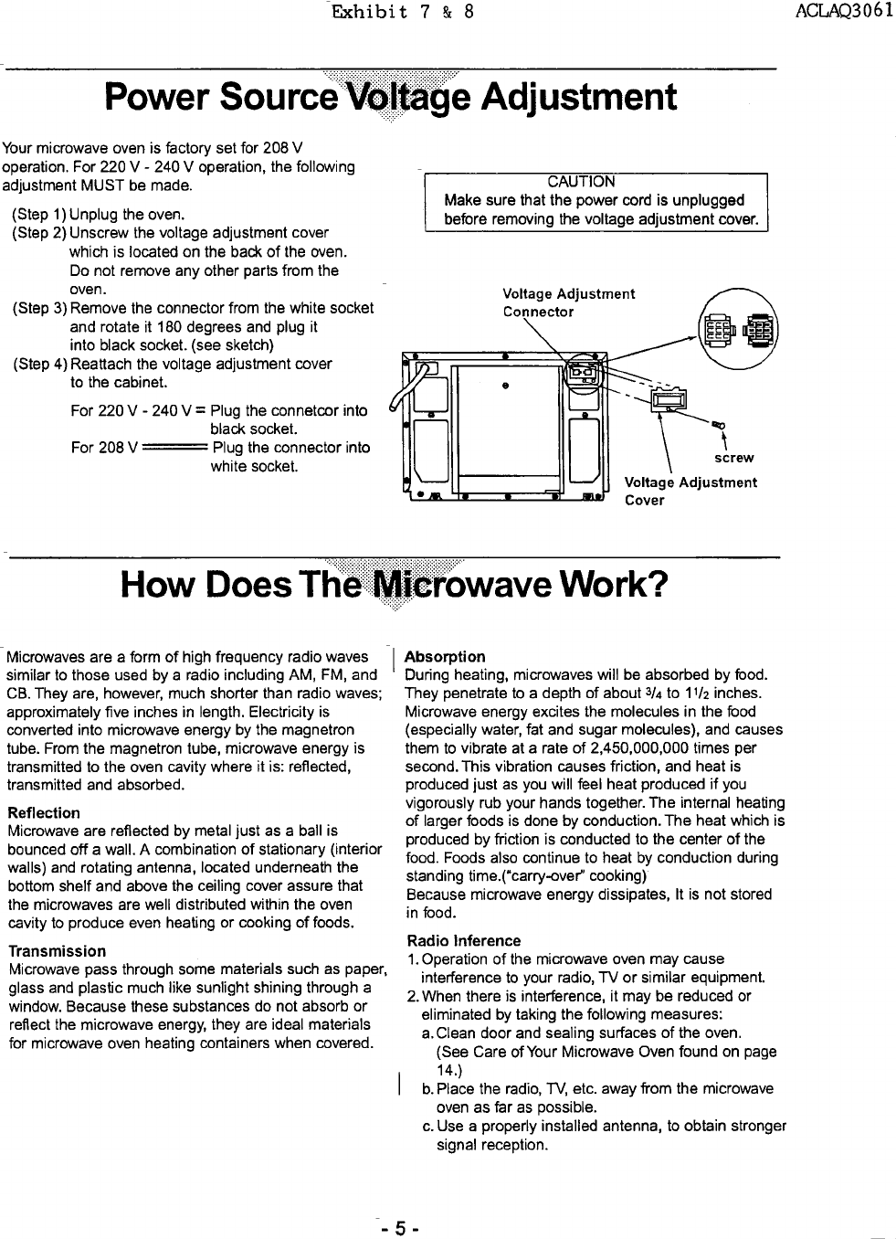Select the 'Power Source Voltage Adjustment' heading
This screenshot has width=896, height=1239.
point(391,98)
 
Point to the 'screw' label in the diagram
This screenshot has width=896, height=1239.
point(733,458)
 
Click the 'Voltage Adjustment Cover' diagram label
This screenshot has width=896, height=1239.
point(690,492)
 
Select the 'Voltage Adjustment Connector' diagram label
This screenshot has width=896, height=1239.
point(568,302)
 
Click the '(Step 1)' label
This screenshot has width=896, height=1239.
point(38,215)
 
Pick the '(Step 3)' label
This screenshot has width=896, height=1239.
point(38,308)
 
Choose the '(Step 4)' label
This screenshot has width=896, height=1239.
point(38,364)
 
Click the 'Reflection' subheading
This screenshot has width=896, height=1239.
point(43,812)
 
